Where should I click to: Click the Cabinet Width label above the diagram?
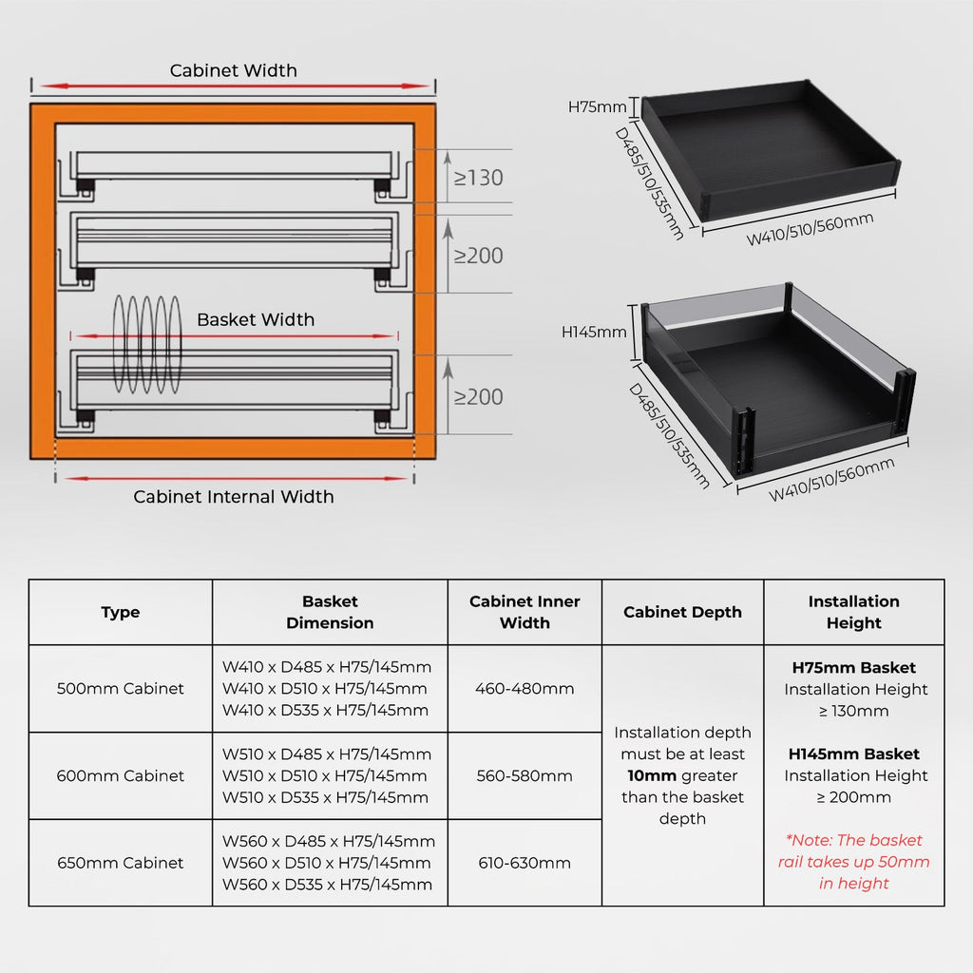(233, 70)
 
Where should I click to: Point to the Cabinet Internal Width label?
(234, 496)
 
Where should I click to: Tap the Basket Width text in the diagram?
(255, 319)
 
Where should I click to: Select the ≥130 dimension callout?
(478, 178)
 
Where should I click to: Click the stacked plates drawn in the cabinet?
(147, 344)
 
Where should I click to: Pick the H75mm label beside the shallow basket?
(597, 106)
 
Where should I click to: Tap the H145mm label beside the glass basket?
(594, 332)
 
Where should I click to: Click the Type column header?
(120, 613)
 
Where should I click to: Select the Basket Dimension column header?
(330, 613)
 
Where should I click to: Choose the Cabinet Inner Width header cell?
(525, 613)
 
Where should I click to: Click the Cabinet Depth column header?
(682, 613)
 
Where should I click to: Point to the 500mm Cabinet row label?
(120, 689)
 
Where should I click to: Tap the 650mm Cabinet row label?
(120, 863)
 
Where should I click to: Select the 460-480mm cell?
(525, 689)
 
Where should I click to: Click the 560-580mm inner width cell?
(525, 775)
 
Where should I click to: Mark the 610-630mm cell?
(525, 863)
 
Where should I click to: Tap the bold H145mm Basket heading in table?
(853, 754)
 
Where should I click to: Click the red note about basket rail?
(854, 862)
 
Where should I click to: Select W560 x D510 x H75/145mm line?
(327, 863)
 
